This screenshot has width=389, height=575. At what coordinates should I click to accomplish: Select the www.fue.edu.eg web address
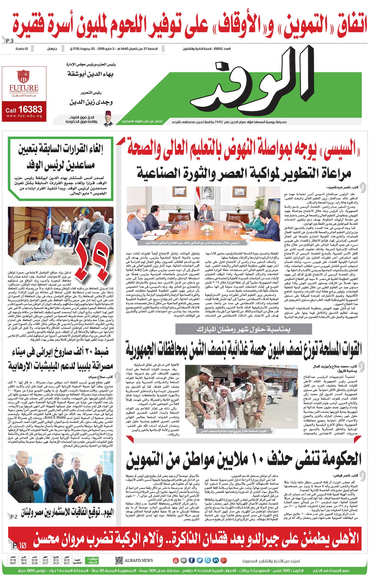click(x=24, y=116)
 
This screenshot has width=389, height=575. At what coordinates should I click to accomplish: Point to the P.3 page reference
click(x=10, y=41)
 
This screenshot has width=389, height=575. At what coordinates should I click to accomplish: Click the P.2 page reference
click(x=14, y=517)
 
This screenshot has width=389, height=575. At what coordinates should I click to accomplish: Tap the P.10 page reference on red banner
click(x=19, y=545)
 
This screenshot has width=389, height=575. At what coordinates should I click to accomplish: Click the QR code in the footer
click(x=118, y=560)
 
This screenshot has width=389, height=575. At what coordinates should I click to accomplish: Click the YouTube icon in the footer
click(x=176, y=560)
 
